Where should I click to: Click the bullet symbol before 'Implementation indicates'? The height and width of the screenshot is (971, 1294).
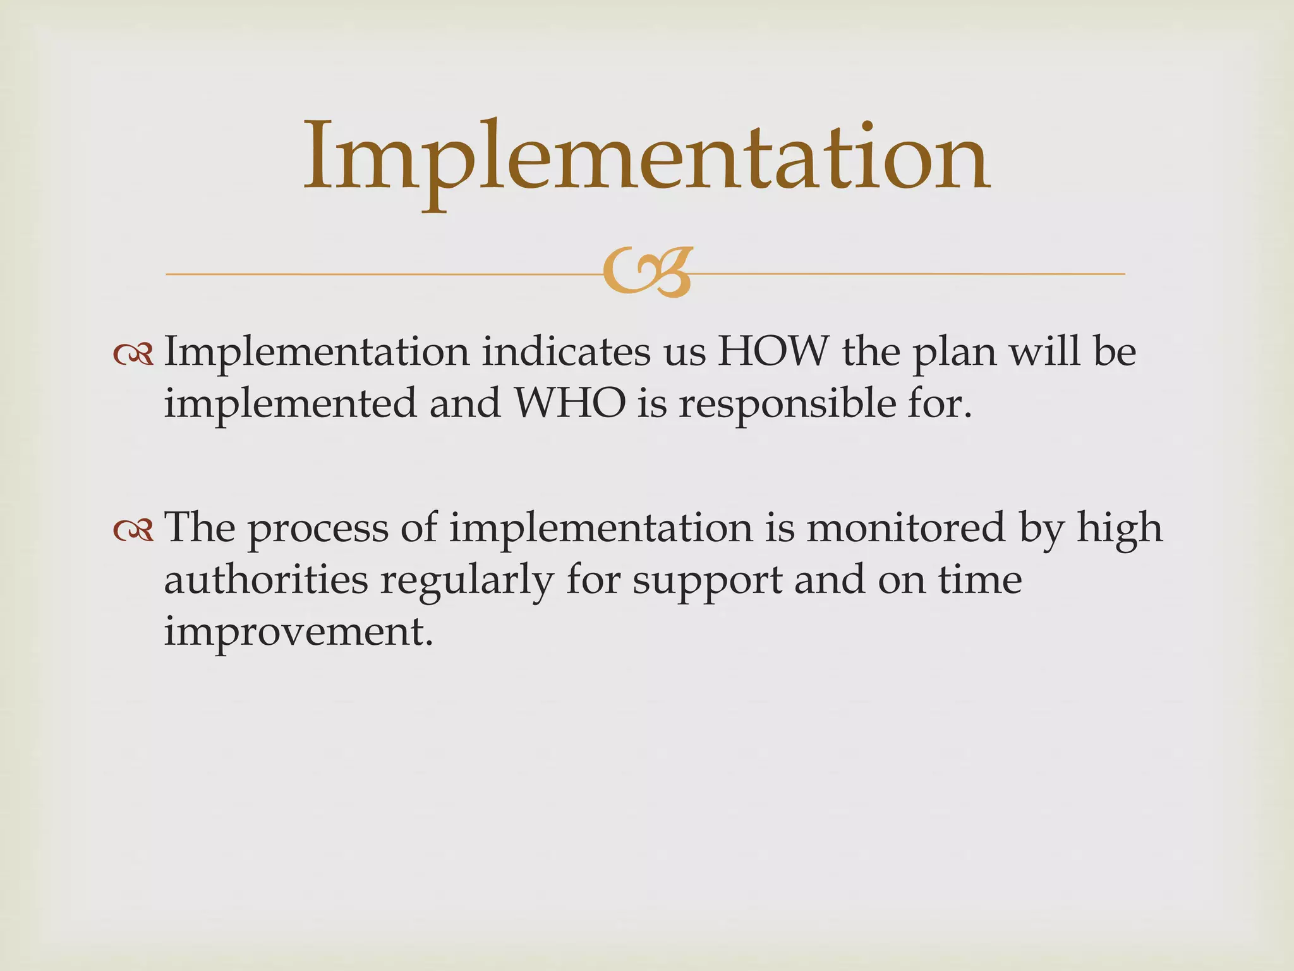[133, 355]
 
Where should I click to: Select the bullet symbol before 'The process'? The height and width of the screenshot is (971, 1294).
[133, 531]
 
